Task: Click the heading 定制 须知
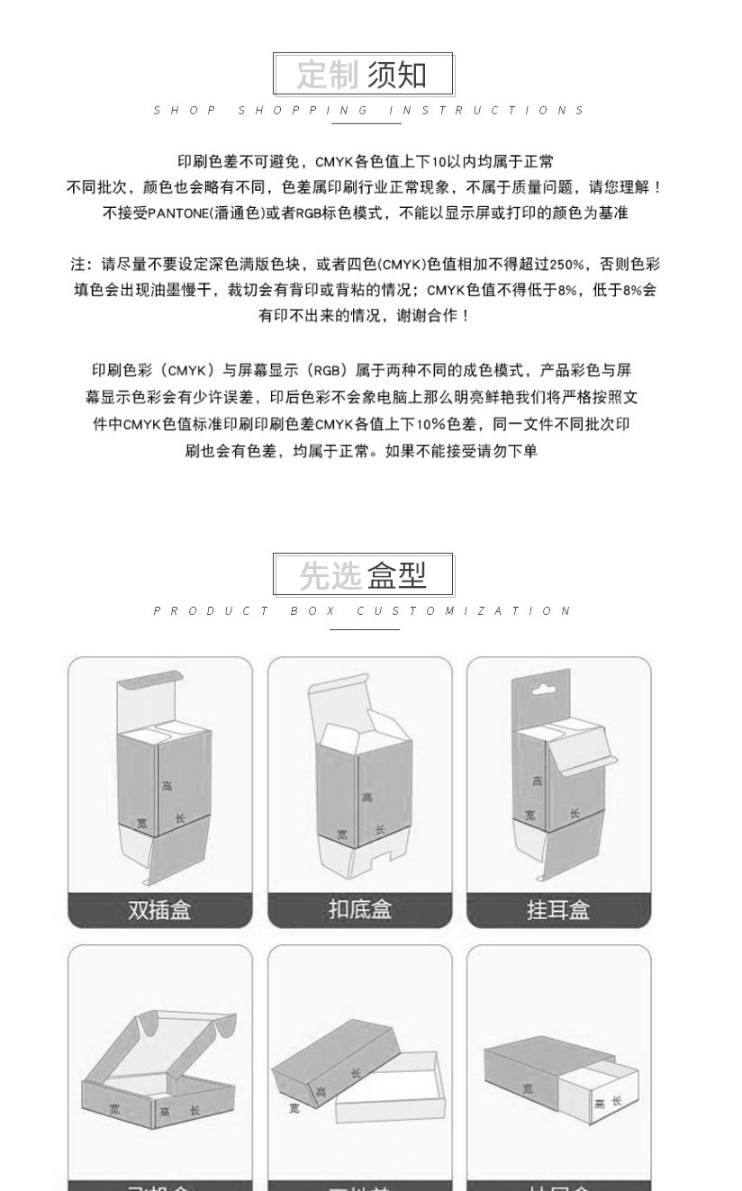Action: (363, 75)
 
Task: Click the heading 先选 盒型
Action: (363, 574)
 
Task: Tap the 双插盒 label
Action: (160, 910)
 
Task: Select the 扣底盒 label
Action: (360, 910)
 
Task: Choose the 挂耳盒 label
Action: (558, 910)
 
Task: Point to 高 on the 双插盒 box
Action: (167, 786)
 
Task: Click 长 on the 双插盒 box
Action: (180, 818)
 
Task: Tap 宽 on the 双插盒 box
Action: (141, 823)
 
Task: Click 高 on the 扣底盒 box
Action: (366, 797)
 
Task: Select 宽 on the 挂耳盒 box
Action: (530, 816)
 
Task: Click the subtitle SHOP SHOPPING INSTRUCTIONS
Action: (369, 111)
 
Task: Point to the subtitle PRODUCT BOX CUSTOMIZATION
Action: (363, 611)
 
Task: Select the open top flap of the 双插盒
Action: (151, 684)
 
